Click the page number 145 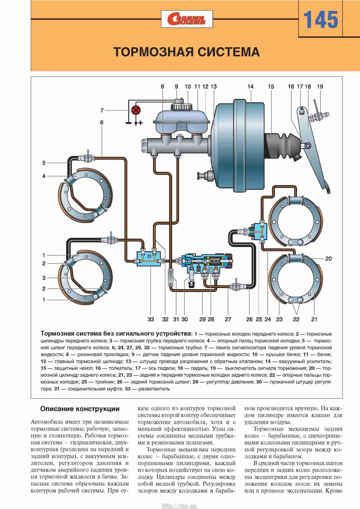[x=320, y=20]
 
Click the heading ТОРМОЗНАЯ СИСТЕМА [x=186, y=52]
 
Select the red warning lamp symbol [x=136, y=110]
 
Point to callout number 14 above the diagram [x=250, y=86]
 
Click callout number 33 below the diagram [x=151, y=319]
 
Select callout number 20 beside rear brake [x=328, y=258]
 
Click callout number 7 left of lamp [x=102, y=110]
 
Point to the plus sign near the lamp [x=140, y=123]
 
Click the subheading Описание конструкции [x=80, y=409]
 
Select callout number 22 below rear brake [x=296, y=319]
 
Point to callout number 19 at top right [x=320, y=86]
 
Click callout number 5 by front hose [x=44, y=163]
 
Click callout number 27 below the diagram [x=228, y=319]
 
